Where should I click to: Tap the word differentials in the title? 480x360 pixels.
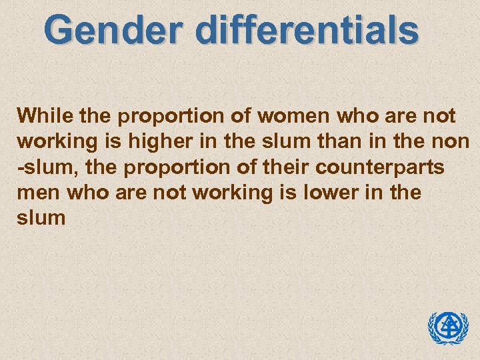(x=301, y=30)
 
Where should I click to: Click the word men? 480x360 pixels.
(x=37, y=193)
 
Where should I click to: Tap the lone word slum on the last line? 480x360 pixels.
(x=41, y=218)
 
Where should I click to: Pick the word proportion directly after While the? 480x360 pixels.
(x=163, y=117)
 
